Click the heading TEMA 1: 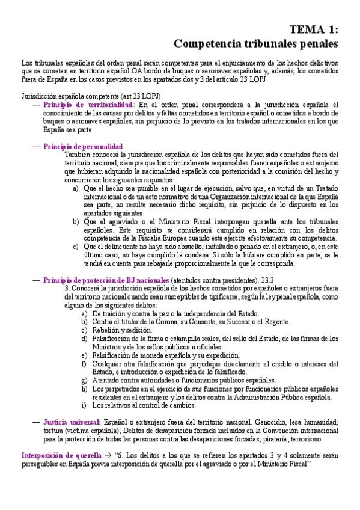click(314, 29)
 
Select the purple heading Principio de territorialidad click(88, 104)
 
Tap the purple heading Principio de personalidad click(83, 146)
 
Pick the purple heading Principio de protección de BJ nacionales click(106, 280)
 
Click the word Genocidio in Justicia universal click(270, 423)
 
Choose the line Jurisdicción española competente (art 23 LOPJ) click(91, 96)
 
